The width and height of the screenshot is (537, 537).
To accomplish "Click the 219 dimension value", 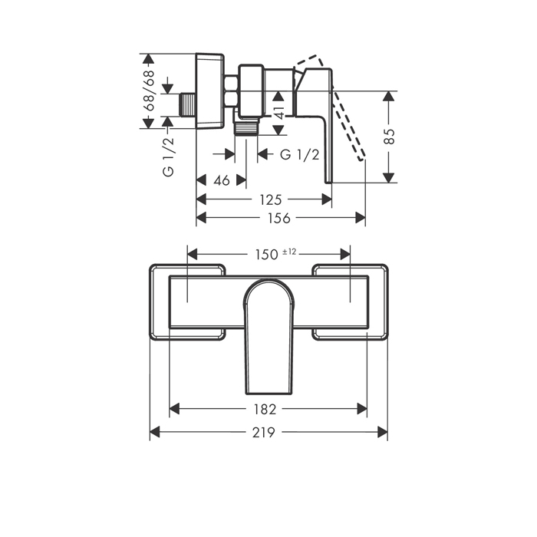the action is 264,432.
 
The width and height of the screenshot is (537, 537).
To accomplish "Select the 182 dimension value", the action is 265,409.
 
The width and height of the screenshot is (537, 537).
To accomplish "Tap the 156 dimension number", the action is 279,218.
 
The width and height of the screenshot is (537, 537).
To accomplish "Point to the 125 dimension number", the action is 271,199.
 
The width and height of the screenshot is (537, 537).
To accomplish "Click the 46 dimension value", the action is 222,180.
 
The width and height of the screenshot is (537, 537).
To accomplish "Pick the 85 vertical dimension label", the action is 389,137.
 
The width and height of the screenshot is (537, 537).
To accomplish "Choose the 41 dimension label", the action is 279,113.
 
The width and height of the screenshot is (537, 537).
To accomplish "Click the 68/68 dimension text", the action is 150,91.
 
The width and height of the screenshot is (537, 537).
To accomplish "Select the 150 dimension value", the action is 266,255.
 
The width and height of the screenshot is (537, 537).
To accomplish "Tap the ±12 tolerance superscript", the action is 289,252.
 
